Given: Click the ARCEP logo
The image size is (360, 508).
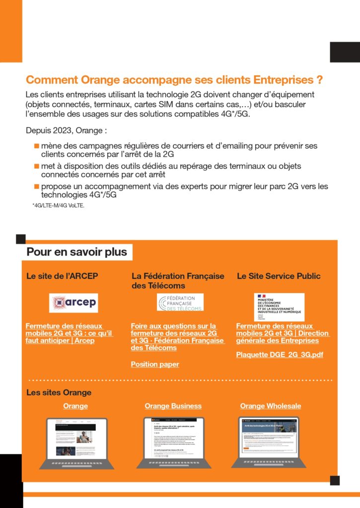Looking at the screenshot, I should pyautogui.click(x=73, y=303).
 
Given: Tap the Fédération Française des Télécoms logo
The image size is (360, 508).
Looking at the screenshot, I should pyautogui.click(x=180, y=303).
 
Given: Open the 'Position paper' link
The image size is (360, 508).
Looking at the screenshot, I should pyautogui.click(x=155, y=364).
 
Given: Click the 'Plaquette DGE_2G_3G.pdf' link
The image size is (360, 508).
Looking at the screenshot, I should pyautogui.click(x=280, y=354).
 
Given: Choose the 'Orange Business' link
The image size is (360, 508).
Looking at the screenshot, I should pyautogui.click(x=173, y=406).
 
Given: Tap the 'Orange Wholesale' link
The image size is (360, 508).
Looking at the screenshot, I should pyautogui.click(x=270, y=406).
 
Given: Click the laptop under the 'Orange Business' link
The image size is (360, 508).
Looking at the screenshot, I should pyautogui.click(x=173, y=442).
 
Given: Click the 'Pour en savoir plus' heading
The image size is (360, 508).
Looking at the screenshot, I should pyautogui.click(x=77, y=252).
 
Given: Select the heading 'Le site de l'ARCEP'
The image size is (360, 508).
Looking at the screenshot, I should pyautogui.click(x=62, y=276).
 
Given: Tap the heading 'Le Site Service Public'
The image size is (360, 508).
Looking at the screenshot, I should pyautogui.click(x=279, y=276).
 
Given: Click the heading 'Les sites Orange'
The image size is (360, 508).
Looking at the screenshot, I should pyautogui.click(x=59, y=392).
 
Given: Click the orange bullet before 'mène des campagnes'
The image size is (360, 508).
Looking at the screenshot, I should pyautogui.click(x=36, y=146).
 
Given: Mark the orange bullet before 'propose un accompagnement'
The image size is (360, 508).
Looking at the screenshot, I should pyautogui.click(x=36, y=187).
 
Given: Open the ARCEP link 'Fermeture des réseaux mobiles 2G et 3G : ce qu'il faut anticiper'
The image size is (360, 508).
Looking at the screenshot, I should pyautogui.click(x=70, y=333).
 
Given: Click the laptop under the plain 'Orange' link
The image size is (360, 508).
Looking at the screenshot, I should pyautogui.click(x=76, y=442).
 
